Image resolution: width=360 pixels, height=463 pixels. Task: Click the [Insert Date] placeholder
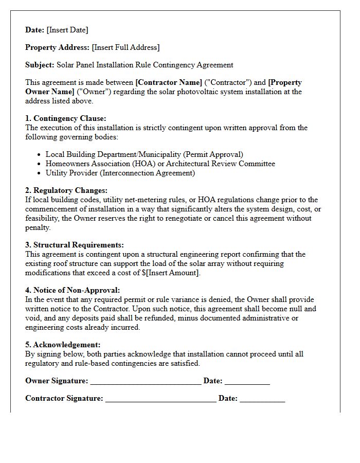(x=67, y=30)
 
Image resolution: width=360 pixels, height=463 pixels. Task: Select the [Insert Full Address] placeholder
(x=125, y=47)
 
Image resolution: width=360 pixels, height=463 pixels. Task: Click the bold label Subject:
(x=40, y=65)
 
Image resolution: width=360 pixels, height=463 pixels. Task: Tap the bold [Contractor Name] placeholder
(x=169, y=82)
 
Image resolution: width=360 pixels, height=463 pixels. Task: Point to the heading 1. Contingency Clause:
(x=66, y=118)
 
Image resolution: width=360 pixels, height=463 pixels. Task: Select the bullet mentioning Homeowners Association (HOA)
(x=160, y=164)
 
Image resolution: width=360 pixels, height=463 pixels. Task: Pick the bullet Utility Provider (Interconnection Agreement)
(x=120, y=173)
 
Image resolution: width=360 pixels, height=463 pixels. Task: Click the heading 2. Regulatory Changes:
(x=66, y=190)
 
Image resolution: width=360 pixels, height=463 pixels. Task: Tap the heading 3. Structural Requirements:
(x=75, y=245)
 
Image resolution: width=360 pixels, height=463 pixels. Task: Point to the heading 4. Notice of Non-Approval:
(x=73, y=290)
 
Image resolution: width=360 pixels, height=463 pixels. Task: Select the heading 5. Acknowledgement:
(x=63, y=345)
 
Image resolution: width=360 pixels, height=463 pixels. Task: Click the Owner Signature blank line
(x=146, y=381)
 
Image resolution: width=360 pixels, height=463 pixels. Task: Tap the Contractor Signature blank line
(x=160, y=399)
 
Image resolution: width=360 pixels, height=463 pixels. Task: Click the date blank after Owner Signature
(x=247, y=381)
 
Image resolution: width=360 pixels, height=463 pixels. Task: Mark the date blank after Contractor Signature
(x=262, y=399)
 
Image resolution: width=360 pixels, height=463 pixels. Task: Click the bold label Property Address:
(x=57, y=47)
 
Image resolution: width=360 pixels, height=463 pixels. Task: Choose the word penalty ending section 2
(x=38, y=227)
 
